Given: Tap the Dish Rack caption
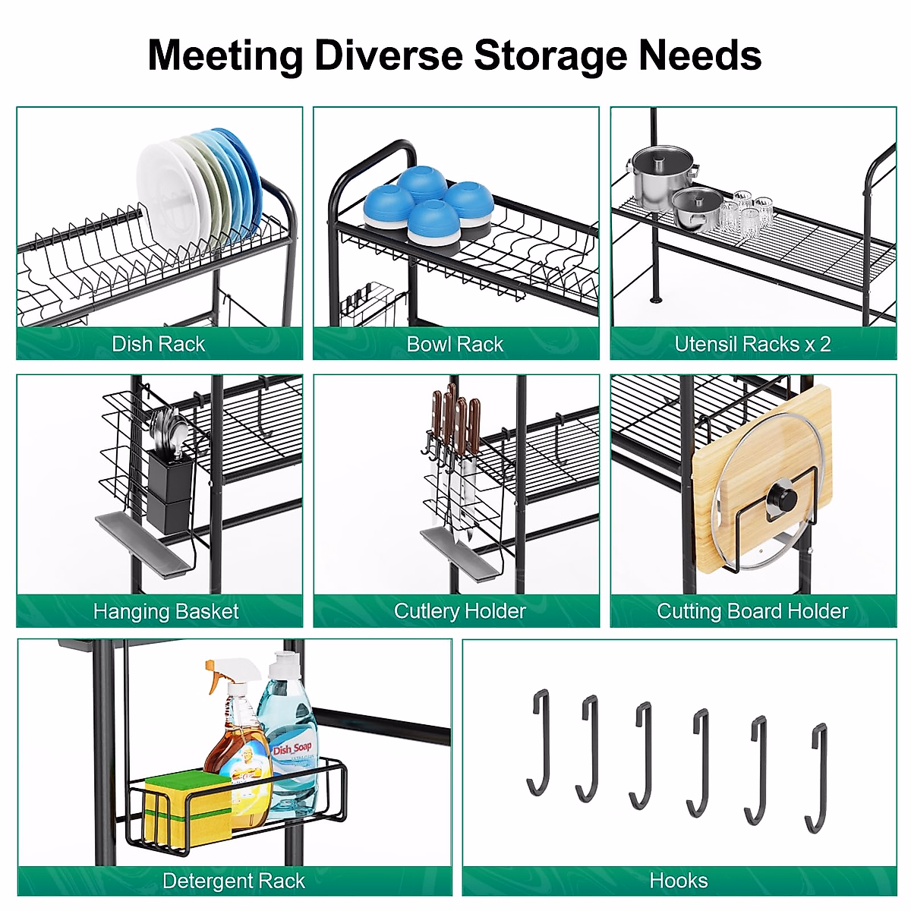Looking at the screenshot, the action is tap(158, 344).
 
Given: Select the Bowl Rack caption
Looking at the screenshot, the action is tap(455, 344).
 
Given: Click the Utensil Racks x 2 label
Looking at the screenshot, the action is tap(752, 344).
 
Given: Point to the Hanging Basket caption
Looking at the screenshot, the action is tap(165, 611).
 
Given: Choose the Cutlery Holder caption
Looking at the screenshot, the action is tap(459, 611).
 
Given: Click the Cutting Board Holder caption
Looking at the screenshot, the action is tap(752, 611).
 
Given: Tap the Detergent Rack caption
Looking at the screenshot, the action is tap(233, 881).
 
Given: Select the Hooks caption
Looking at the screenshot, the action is tap(679, 881).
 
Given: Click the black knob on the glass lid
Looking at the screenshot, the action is tap(781, 500).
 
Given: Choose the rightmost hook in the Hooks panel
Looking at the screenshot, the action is tap(817, 777).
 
